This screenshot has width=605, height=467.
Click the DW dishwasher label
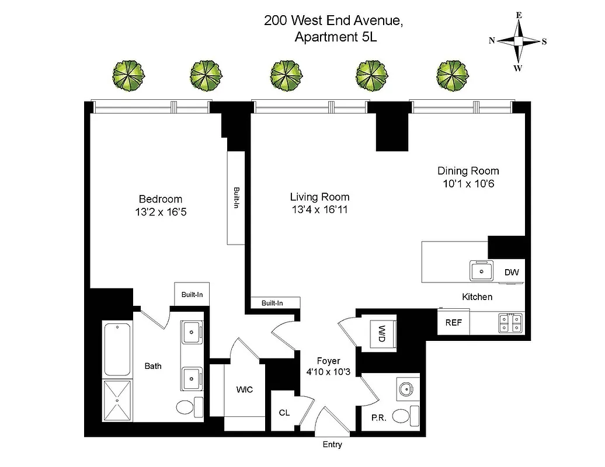511,272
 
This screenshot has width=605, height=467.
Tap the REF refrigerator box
453,322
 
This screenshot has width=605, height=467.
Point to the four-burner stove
510,322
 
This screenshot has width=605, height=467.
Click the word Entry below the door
332,445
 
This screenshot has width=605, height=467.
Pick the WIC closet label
245,390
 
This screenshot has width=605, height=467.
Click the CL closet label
284,413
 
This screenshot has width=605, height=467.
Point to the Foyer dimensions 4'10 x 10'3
329,372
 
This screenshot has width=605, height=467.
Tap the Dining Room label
468,171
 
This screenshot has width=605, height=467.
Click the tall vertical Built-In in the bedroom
236,198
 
